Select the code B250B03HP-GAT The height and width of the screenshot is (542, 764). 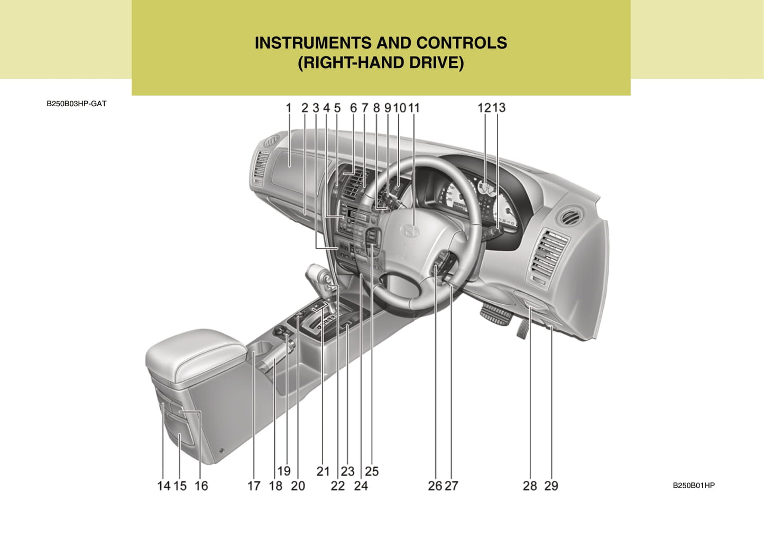click(x=76, y=104)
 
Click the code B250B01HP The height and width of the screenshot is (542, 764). click(x=694, y=485)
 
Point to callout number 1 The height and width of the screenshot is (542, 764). click(x=289, y=108)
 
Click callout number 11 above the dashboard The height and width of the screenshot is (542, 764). click(x=413, y=108)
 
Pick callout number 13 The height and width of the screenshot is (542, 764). click(x=499, y=108)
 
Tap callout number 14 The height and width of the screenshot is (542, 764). click(x=163, y=486)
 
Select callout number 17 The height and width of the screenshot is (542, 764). click(x=254, y=486)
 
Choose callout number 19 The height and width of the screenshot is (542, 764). click(x=284, y=471)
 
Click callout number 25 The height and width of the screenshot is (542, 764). click(x=372, y=471)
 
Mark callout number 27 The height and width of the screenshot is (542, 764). click(x=451, y=486)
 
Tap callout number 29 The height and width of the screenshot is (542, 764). click(x=551, y=486)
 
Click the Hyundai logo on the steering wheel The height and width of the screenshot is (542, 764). click(x=409, y=230)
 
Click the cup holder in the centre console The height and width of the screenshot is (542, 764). click(x=260, y=348)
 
